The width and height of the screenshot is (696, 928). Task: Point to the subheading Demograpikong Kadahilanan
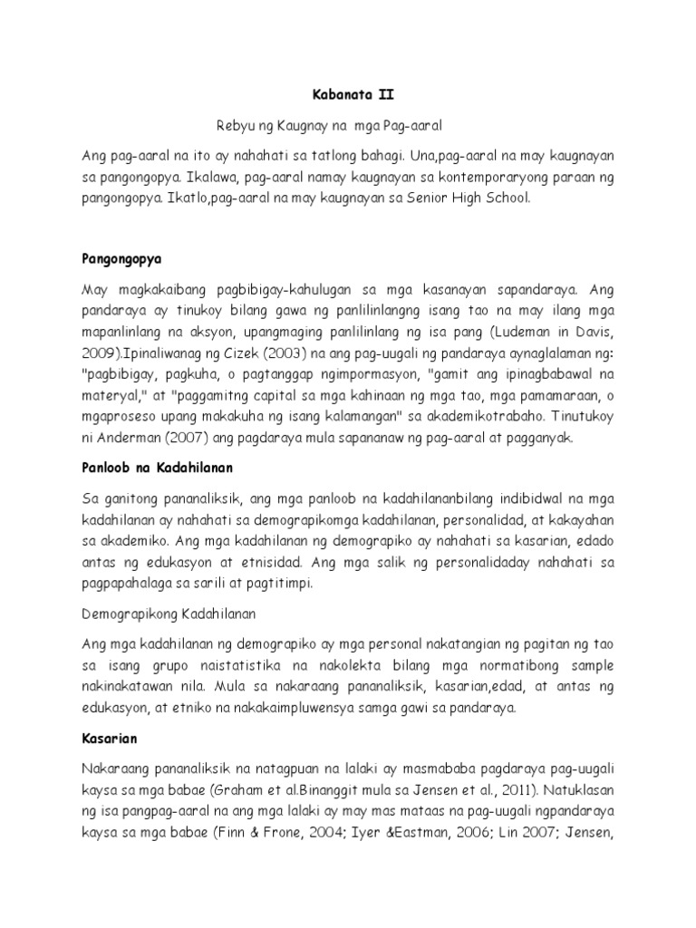(169, 614)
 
